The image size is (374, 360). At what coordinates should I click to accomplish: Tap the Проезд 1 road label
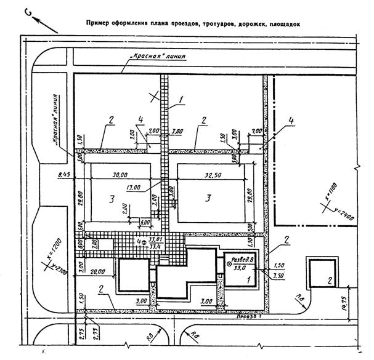coord(250,317)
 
